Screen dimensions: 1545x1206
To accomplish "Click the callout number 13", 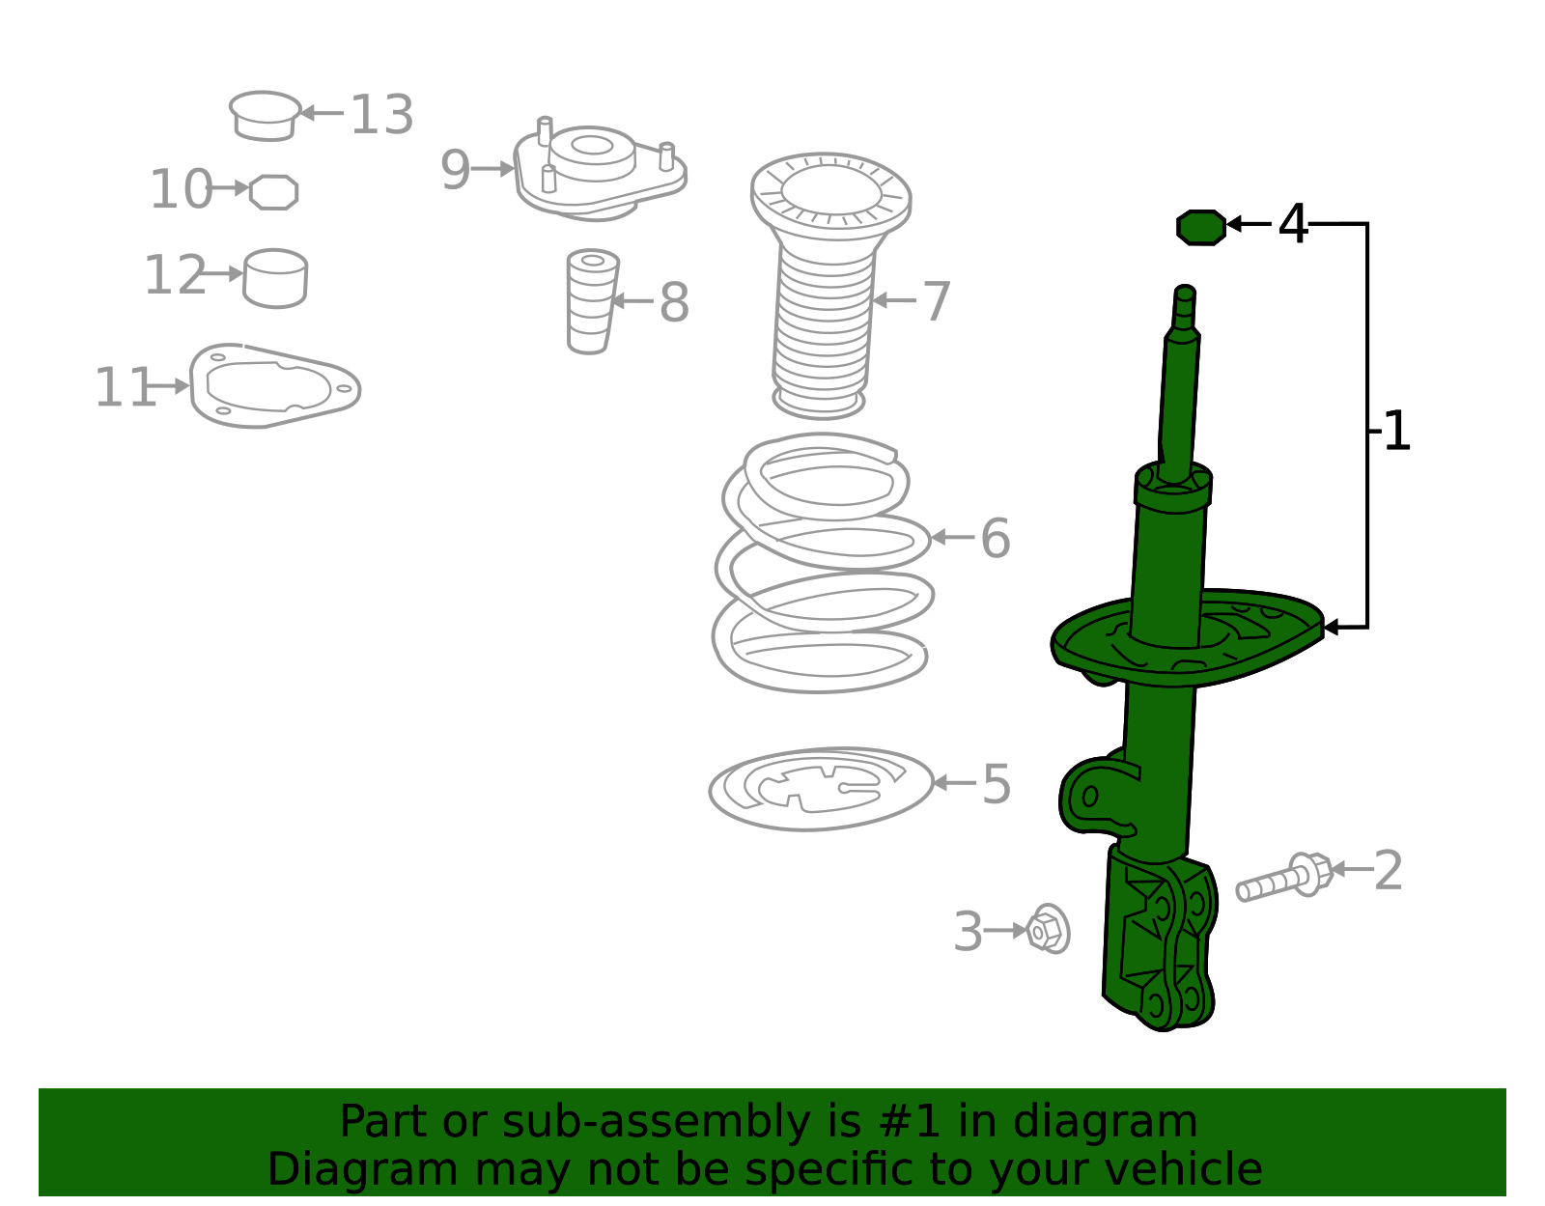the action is (x=381, y=114).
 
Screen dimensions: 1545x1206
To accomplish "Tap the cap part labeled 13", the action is (x=265, y=116).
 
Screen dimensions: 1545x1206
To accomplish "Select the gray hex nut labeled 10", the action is (x=273, y=192).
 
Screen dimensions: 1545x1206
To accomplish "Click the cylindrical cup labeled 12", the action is (x=275, y=278).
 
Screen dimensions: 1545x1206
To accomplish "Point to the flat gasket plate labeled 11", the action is (x=275, y=386).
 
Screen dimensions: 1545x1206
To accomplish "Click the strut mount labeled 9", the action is (x=600, y=171).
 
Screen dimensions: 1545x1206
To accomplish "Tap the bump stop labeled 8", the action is (x=592, y=301).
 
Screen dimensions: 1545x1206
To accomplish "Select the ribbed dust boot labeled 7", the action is (x=829, y=284).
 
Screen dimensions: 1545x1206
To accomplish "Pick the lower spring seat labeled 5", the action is (x=821, y=788).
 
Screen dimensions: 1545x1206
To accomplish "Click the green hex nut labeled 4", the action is (x=1201, y=228).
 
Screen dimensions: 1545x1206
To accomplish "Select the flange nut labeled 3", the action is (x=1048, y=929).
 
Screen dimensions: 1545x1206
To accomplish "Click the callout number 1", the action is (x=1395, y=431).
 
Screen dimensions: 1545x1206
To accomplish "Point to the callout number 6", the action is (x=996, y=538).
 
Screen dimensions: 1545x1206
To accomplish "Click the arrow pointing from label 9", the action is (x=492, y=169).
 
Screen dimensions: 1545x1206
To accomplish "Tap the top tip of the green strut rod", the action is (x=1185, y=288).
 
